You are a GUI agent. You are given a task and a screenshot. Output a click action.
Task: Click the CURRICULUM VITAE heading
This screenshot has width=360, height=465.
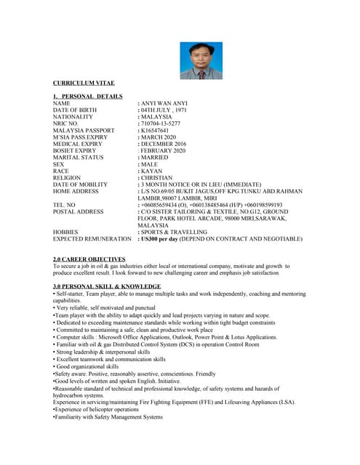click(84, 84)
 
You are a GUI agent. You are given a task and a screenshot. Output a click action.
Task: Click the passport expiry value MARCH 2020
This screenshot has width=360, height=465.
click(159, 137)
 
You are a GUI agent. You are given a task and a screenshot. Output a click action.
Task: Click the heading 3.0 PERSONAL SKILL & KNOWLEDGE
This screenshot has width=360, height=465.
click(107, 286)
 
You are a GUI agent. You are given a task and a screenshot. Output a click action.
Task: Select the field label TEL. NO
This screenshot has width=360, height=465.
click(66, 205)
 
